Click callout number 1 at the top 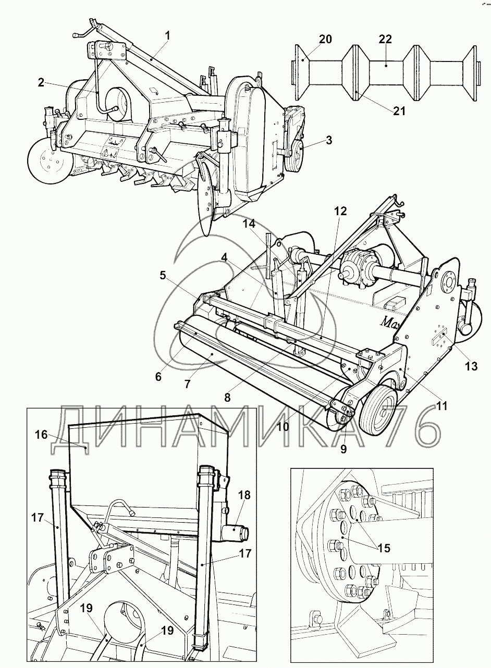point(168,35)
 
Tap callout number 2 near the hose point(42,83)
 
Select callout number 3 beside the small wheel point(329,140)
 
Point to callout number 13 point(471,366)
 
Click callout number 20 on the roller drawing point(325,39)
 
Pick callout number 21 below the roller point(399,111)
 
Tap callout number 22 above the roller point(385,39)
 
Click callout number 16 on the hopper point(41,435)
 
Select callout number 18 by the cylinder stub point(244,495)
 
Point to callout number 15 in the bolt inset point(384,548)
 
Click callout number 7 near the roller point(187,384)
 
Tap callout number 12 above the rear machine point(340,211)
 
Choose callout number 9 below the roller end point(343,449)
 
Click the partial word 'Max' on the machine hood point(391,322)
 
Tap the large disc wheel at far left point(48,166)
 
